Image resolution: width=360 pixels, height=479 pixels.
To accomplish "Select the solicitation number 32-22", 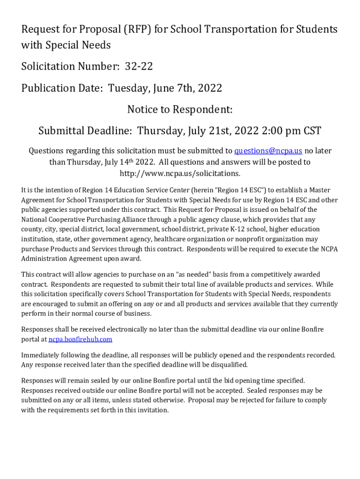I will coord(139,66).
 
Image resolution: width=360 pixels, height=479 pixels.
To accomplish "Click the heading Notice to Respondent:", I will coord(180,109).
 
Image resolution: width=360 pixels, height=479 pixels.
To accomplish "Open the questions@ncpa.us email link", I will coord(268,151).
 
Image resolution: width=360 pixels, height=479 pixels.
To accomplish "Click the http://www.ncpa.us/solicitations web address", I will coord(180,174).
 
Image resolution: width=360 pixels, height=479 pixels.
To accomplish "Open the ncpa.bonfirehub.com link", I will coord(80,339).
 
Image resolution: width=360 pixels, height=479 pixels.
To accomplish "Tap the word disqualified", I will coord(227,365).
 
